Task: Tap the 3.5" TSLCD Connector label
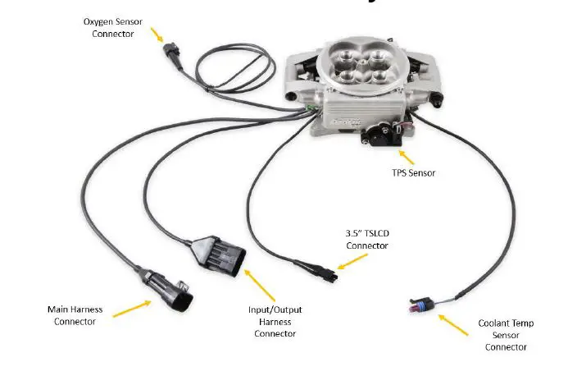click(x=366, y=239)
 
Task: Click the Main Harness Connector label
click(x=75, y=315)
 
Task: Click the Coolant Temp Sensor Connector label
click(x=506, y=335)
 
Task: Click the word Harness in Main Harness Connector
click(x=86, y=310)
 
